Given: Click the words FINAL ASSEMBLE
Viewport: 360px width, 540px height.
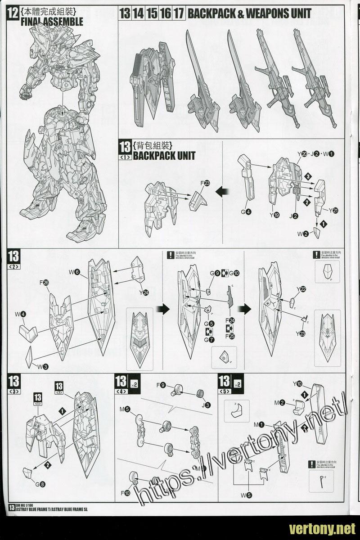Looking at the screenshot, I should pos(52,21).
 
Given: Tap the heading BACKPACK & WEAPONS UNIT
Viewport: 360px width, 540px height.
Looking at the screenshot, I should pos(249,13).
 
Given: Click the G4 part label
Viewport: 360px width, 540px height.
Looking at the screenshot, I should pos(246,212).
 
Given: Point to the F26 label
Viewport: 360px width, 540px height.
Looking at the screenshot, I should pos(44,282).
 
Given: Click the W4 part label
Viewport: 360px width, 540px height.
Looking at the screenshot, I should pos(20,314).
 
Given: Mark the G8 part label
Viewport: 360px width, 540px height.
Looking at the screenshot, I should pos(40,484).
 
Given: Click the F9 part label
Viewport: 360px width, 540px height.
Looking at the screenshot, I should pos(162,385).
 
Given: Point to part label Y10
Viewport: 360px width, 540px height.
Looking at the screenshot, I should pos(297,384).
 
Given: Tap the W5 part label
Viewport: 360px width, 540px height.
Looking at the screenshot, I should pos(246,495).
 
